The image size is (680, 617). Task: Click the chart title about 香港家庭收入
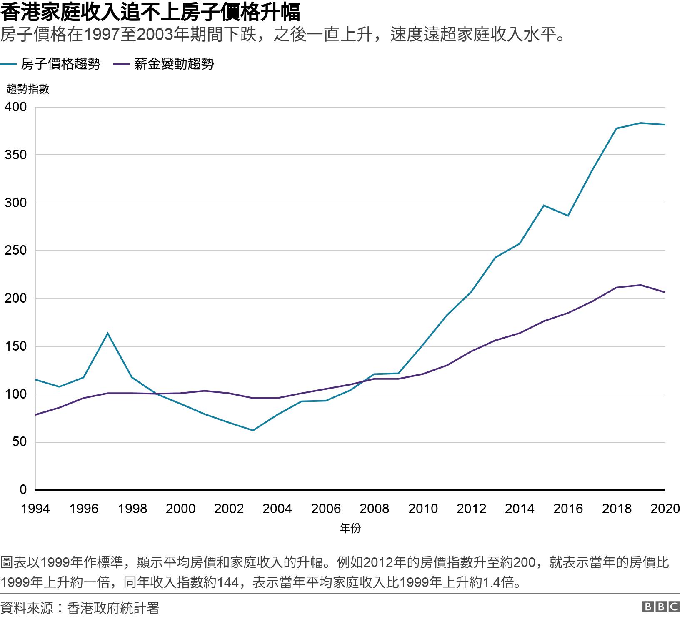[x=150, y=13]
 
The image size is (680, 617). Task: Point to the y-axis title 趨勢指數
[x=28, y=89]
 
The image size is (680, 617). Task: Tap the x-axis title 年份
[x=350, y=528]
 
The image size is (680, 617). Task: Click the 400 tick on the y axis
[x=15, y=107]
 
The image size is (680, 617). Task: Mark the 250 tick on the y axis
[x=15, y=251]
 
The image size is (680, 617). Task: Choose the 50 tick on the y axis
[x=18, y=442]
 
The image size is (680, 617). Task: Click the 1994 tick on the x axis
[x=35, y=509]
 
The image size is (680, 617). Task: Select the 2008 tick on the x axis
[x=374, y=509]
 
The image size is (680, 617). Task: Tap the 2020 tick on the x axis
[x=665, y=509]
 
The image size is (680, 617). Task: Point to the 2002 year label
[x=229, y=509]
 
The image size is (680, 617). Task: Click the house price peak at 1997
[x=107, y=333]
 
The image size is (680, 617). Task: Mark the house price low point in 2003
[x=253, y=430]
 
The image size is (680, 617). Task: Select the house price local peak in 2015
[x=544, y=205]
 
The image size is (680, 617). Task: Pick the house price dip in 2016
[x=568, y=216]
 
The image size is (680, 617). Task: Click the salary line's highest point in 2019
[x=640, y=285]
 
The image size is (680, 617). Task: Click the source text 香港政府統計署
[x=113, y=608]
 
